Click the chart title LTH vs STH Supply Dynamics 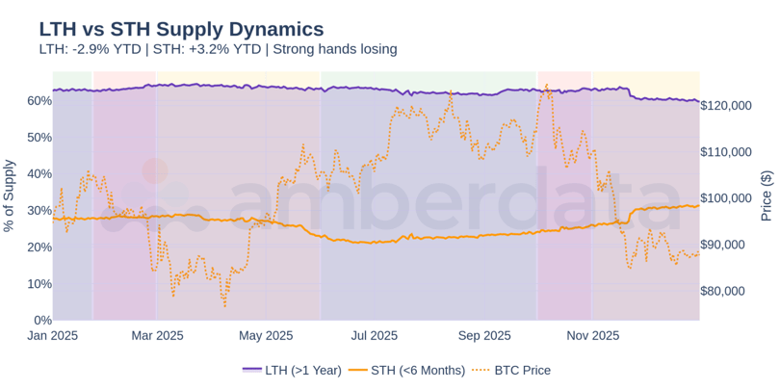click(181, 29)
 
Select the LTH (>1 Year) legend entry click(292, 370)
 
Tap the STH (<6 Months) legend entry click(405, 370)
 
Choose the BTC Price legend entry click(515, 370)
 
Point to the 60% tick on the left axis click(39, 100)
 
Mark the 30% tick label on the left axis click(39, 210)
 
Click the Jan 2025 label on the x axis click(53, 336)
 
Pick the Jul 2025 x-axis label click(374, 336)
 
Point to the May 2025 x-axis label click(265, 336)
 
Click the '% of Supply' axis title click(11, 195)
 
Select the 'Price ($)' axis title click(767, 195)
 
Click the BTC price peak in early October click(546, 85)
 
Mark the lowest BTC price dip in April click(224, 306)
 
